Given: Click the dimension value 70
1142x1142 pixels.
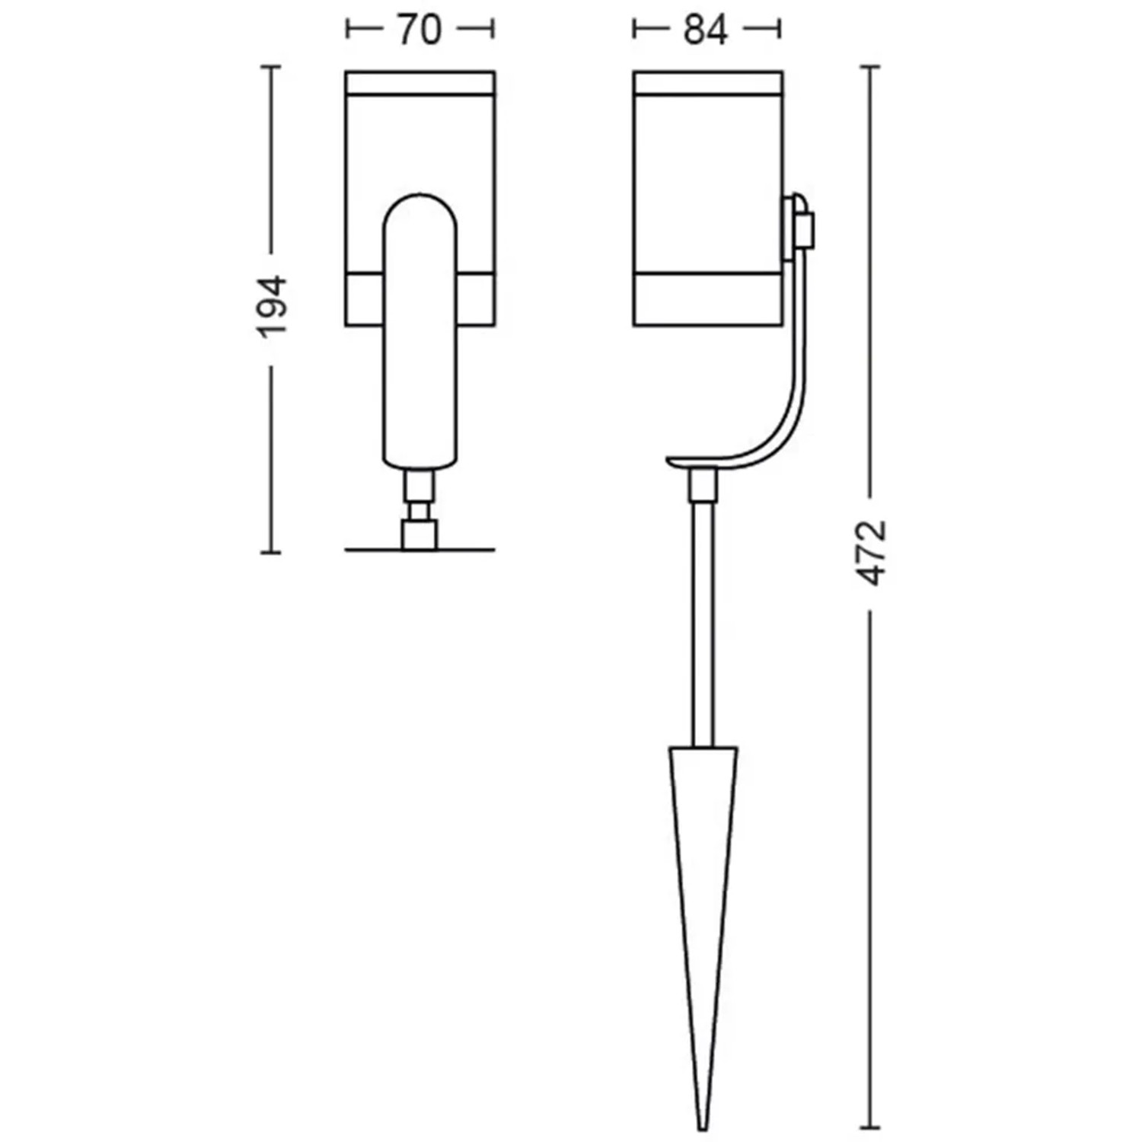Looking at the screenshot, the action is click(x=419, y=30).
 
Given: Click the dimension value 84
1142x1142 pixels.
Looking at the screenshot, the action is click(x=705, y=30).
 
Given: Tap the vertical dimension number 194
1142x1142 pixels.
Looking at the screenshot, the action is click(x=272, y=307).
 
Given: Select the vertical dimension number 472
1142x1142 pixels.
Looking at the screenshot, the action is click(x=872, y=553).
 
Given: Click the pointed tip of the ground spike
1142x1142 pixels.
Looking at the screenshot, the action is click(x=703, y=1128).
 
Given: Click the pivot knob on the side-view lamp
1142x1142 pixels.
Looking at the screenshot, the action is click(x=800, y=222).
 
